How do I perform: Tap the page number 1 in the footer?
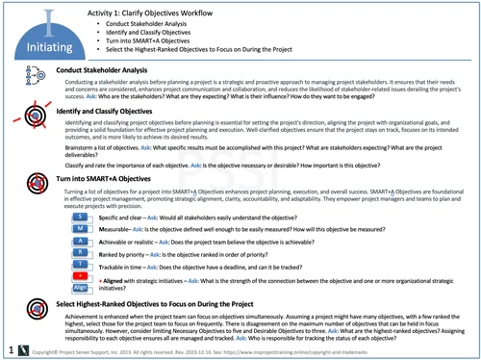click(9, 351)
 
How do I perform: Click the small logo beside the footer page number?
click(20, 351)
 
